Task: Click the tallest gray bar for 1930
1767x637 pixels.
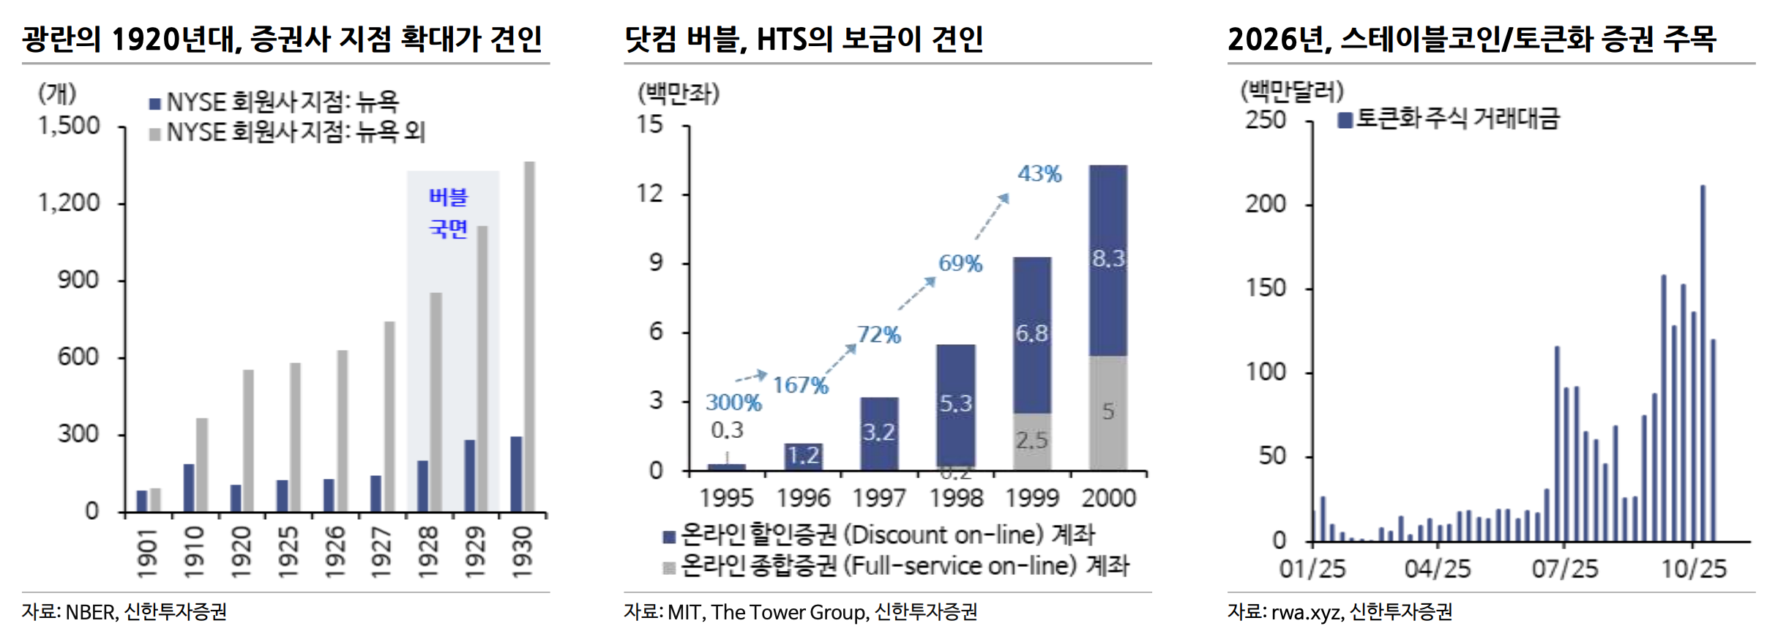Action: pyautogui.click(x=529, y=337)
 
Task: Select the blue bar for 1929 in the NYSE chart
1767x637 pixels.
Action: pyautogui.click(x=469, y=476)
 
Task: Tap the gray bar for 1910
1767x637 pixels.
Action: pyautogui.click(x=201, y=464)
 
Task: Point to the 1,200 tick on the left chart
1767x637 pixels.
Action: pyautogui.click(x=69, y=203)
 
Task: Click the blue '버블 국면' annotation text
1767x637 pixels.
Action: pyautogui.click(x=448, y=212)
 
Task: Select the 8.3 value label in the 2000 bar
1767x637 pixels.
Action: pyautogui.click(x=1108, y=258)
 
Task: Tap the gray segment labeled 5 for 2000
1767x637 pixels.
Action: pyautogui.click(x=1108, y=412)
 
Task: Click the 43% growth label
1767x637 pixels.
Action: pyautogui.click(x=1039, y=174)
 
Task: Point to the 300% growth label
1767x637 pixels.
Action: pyautogui.click(x=733, y=402)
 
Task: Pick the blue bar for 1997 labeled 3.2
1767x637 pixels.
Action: pyautogui.click(x=879, y=433)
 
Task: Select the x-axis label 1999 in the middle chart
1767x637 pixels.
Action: pyautogui.click(x=1032, y=499)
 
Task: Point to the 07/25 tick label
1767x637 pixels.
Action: pyautogui.click(x=1565, y=569)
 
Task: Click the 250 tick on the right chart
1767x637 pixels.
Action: pyautogui.click(x=1266, y=120)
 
